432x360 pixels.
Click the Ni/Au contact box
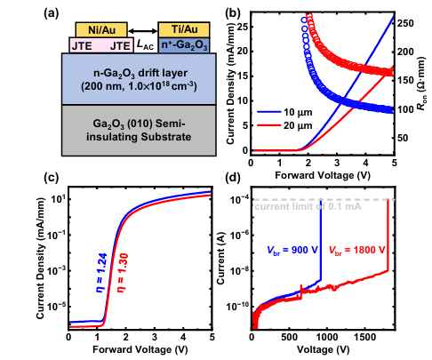pos(101,29)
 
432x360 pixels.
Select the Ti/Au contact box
pos(184,29)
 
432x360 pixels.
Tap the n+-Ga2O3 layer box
pos(184,45)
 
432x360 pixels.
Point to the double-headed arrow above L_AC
pos(143,30)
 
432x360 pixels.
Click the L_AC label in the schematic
pos(145,45)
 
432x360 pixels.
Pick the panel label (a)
pos(51,13)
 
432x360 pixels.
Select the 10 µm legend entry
pos(284,112)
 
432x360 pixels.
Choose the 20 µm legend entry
pos(284,125)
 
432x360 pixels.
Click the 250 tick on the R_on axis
pos(405,23)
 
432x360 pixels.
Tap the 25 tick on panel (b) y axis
pos(242,27)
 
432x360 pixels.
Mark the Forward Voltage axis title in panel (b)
pos(323,175)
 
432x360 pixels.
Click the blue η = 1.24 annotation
pos(101,273)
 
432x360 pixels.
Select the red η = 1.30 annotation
pos(123,273)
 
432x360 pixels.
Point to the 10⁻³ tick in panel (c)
pos(57,270)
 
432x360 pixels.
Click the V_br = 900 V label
pos(292,251)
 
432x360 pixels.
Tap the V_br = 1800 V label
pos(356,251)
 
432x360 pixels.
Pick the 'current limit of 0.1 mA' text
pos(308,206)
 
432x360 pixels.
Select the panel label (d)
pos(233,179)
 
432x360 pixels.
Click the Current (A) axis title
pos(220,258)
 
